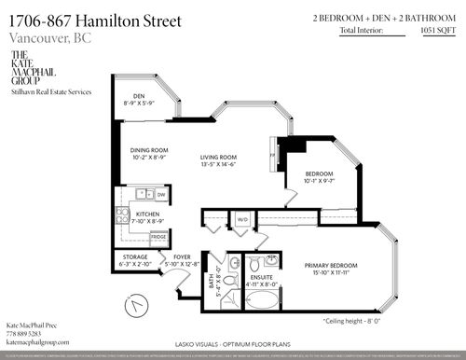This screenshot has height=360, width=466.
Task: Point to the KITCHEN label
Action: pyautogui.click(x=146, y=214)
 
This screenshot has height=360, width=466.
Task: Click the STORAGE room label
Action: pyautogui.click(x=130, y=260)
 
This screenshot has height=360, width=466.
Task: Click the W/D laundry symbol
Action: pyautogui.click(x=242, y=221)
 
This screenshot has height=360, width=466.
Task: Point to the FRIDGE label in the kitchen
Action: pyautogui.click(x=158, y=238)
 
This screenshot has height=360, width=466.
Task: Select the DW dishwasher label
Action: pyautogui.click(x=161, y=194)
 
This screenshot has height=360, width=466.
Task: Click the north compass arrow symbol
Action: pyautogui.click(x=138, y=305)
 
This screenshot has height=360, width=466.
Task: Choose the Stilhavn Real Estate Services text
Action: pyautogui.click(x=51, y=91)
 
